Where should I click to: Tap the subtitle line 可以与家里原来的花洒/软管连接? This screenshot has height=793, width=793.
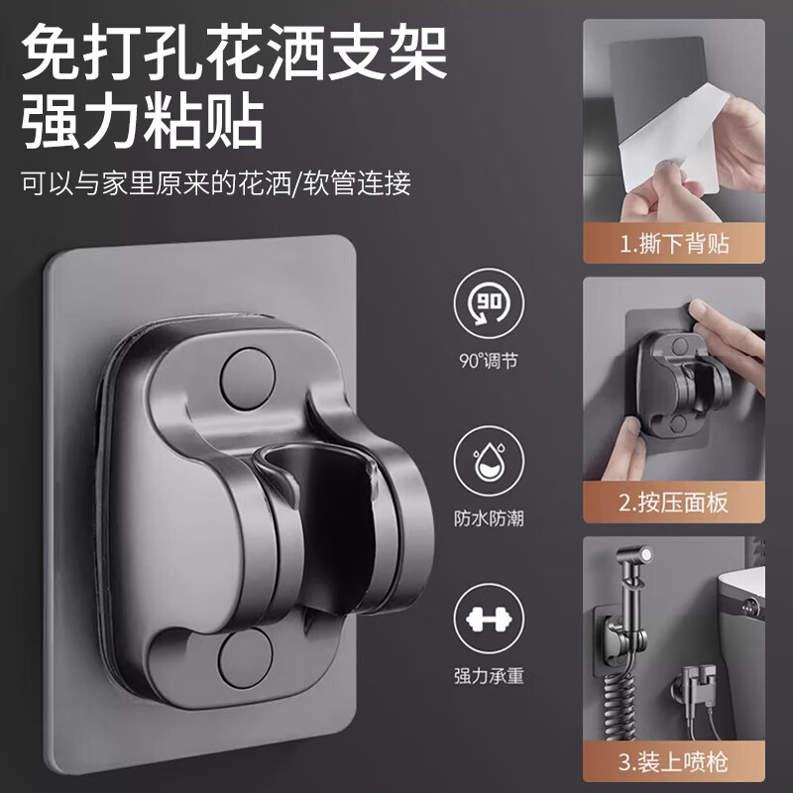[215, 184]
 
